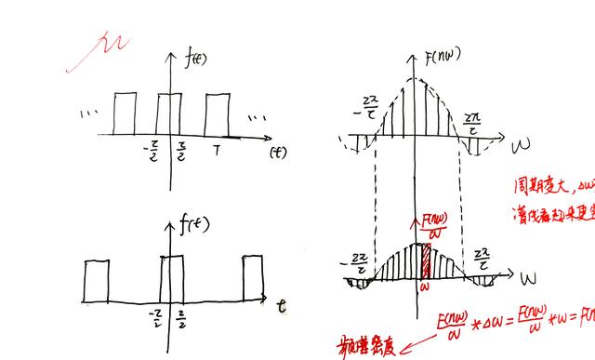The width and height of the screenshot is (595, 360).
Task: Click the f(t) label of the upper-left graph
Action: (x=197, y=60)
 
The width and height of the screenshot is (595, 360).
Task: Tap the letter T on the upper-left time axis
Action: (x=217, y=149)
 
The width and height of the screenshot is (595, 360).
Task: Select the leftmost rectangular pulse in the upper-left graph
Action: (x=125, y=114)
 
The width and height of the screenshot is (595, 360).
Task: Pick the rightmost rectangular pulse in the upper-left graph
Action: (x=217, y=114)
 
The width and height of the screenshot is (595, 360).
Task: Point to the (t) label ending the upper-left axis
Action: (x=276, y=151)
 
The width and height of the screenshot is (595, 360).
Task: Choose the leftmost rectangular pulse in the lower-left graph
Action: (x=97, y=281)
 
